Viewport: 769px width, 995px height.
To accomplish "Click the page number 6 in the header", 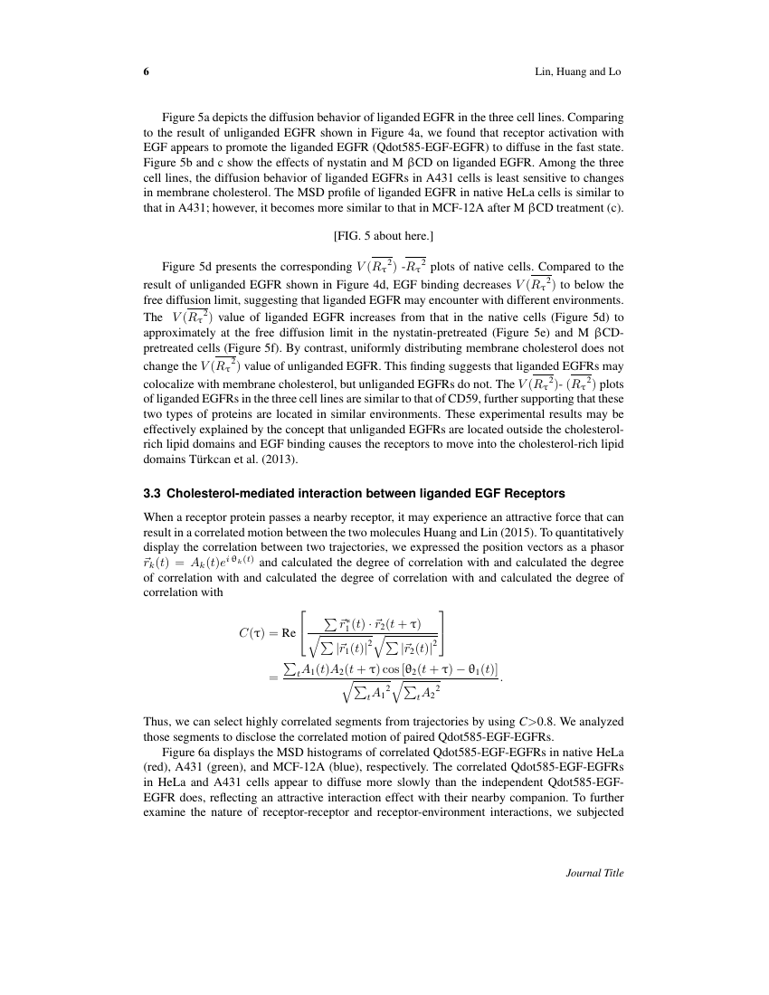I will [147, 71].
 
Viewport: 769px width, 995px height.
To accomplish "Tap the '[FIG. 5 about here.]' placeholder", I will [384, 236].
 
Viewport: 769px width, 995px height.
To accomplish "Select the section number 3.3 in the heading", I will [153, 494].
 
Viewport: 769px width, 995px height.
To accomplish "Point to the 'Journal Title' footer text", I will [594, 873].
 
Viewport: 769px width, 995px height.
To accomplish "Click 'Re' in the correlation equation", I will [290, 632].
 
